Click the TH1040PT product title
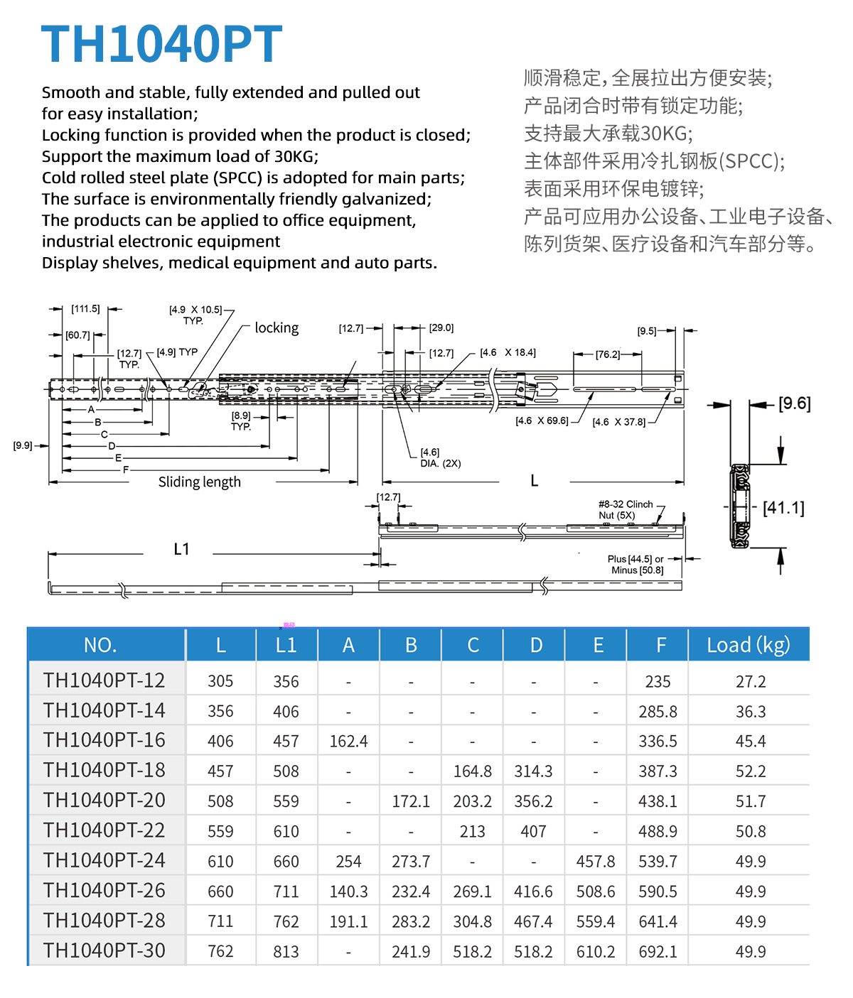coord(162,44)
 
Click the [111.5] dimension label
coord(85,309)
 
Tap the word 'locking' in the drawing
coord(277,328)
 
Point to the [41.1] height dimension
coord(783,508)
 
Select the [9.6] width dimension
coord(794,404)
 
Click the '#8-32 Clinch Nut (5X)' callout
coord(626,510)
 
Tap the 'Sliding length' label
coord(199,482)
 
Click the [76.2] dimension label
coord(608,354)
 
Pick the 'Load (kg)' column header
coord(748,645)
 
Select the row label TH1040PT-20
coord(104,801)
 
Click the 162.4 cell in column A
coord(348,742)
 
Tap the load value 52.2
coord(751,771)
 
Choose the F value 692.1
coord(658,952)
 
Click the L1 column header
coord(286,645)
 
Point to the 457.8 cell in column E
coord(596,862)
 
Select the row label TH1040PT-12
coord(104,680)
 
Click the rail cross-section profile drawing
coord(740,506)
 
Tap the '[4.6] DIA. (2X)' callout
coord(440,458)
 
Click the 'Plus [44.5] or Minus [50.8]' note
coord(637,565)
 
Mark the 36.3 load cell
coord(751,712)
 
